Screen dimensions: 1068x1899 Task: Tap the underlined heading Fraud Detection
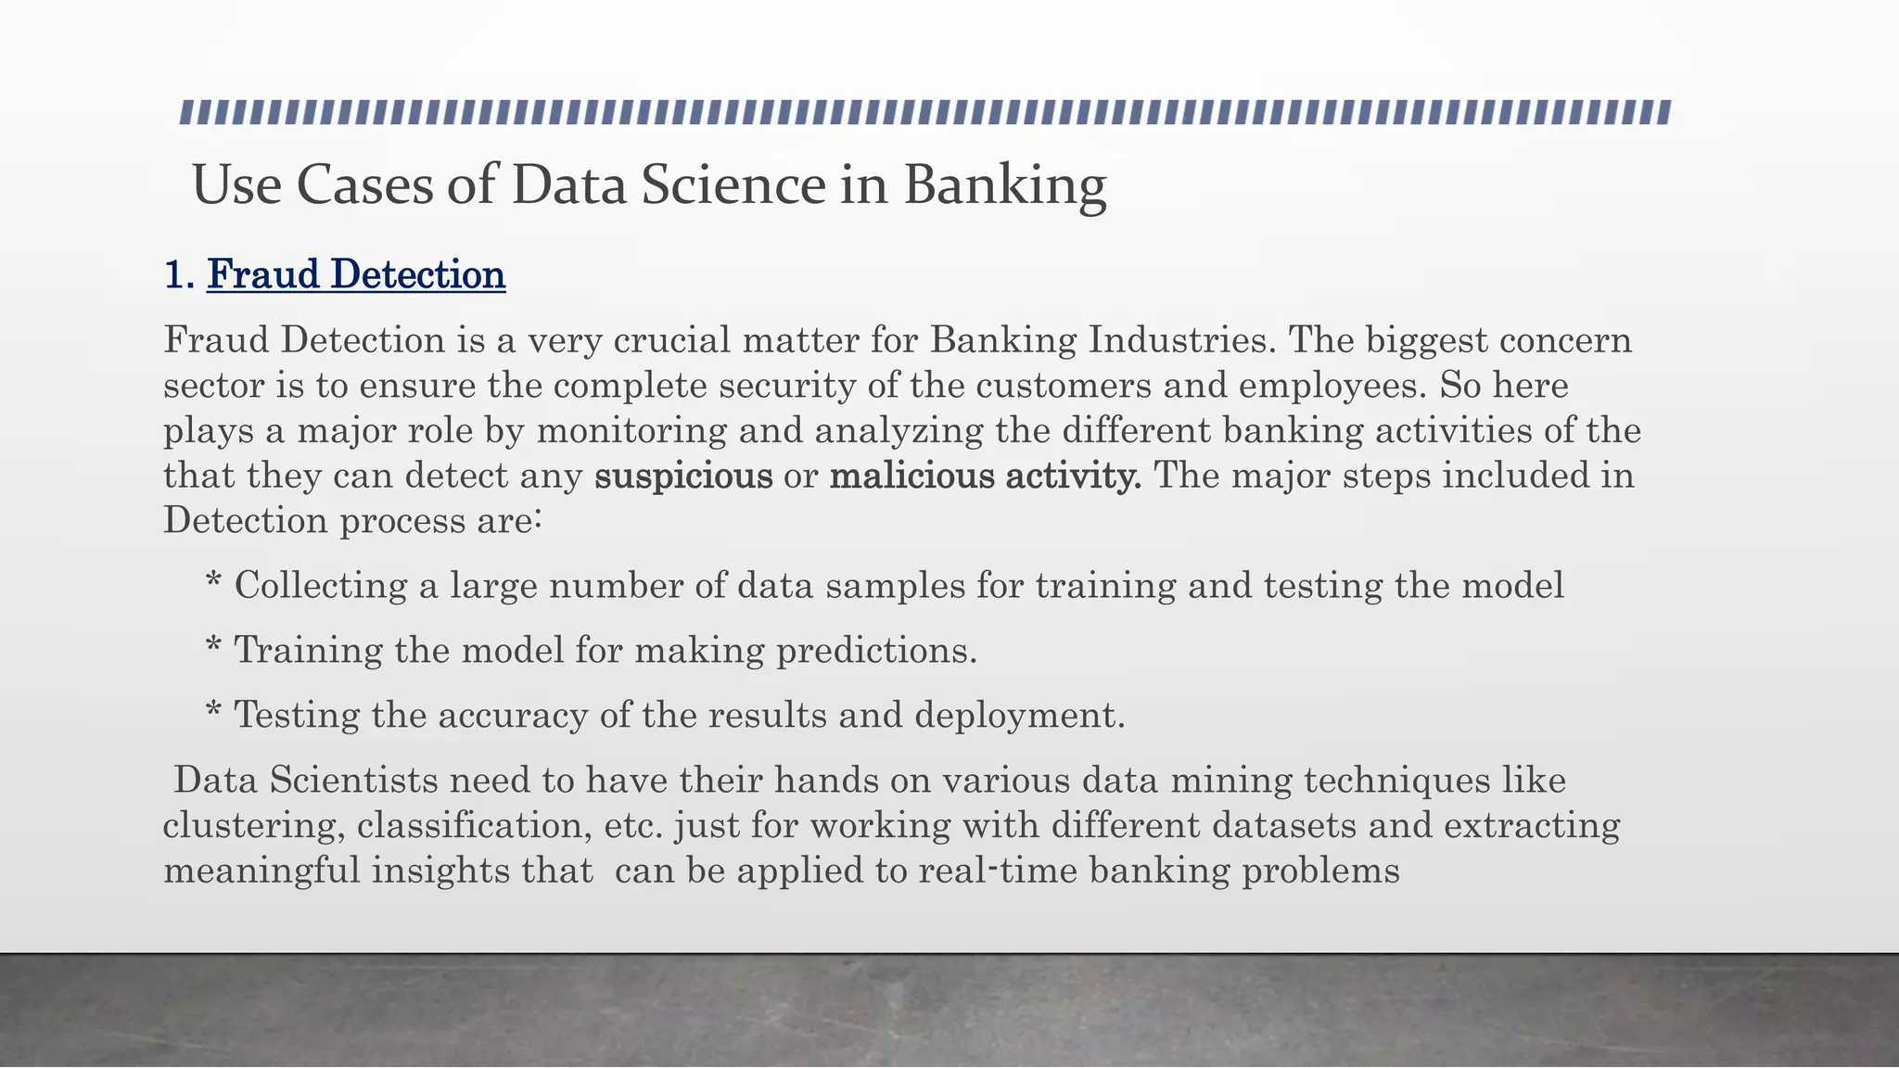(356, 274)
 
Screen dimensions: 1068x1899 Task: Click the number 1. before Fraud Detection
(179, 275)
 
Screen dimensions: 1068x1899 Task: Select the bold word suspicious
(683, 477)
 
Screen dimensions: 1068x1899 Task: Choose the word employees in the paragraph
(1328, 386)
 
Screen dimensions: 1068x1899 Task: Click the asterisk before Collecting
(213, 586)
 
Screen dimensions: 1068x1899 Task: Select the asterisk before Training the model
(213, 650)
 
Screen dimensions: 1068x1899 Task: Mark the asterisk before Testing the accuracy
(213, 715)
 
